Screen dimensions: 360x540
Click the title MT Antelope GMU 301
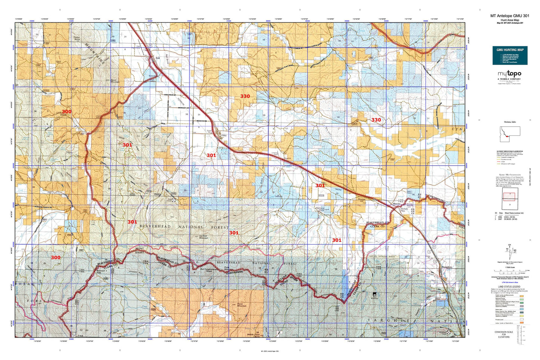pyautogui.click(x=509, y=16)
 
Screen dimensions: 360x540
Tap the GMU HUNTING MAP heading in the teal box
pyautogui.click(x=509, y=50)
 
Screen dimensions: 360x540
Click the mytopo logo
pyautogui.click(x=509, y=74)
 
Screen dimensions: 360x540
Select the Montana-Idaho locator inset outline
pyautogui.click(x=509, y=133)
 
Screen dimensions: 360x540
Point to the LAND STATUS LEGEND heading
pyautogui.click(x=509, y=286)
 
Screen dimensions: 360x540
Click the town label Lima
pyautogui.click(x=224, y=135)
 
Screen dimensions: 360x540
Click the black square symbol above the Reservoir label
pyautogui.click(x=374, y=295)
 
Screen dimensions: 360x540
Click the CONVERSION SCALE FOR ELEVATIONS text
pyautogui.click(x=503, y=334)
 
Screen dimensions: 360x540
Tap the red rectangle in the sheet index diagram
pyautogui.click(x=509, y=195)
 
